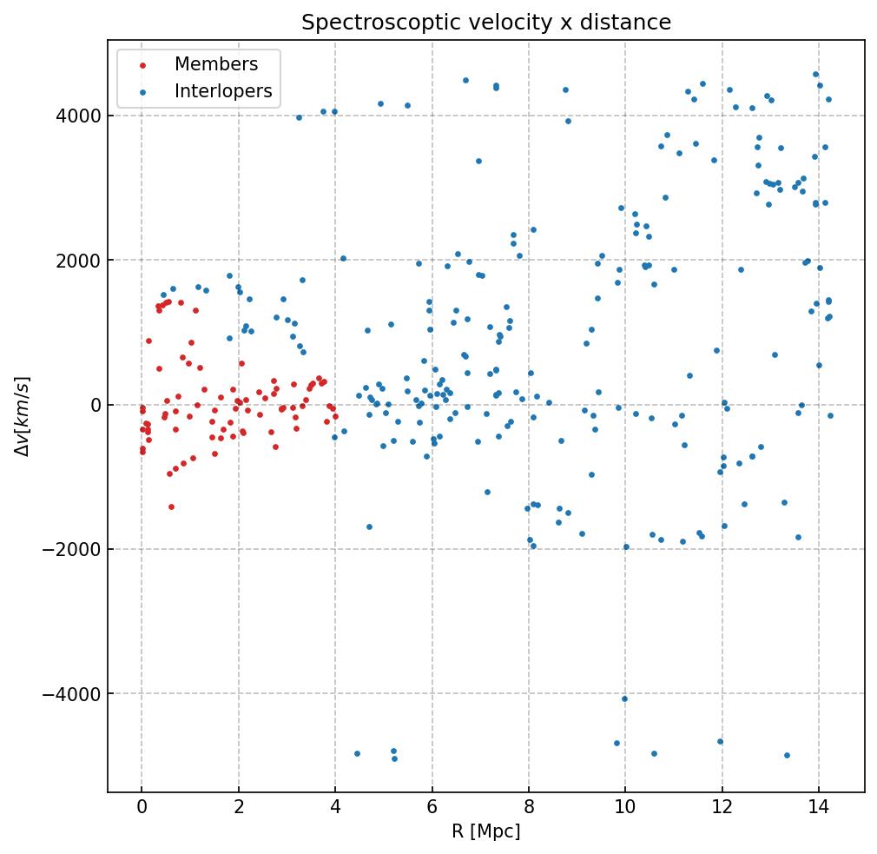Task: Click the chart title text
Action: pyautogui.click(x=486, y=23)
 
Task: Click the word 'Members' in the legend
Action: pyautogui.click(x=216, y=64)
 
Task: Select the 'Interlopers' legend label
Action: pyautogui.click(x=223, y=91)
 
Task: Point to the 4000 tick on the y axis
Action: pyautogui.click(x=82, y=116)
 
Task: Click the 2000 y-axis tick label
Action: pyautogui.click(x=82, y=261)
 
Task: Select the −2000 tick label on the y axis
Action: pyautogui.click(x=76, y=549)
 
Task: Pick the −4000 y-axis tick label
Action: pyautogui.click(x=76, y=694)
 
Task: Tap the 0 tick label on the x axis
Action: pyautogui.click(x=142, y=808)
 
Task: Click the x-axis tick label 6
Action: pyautogui.click(x=432, y=808)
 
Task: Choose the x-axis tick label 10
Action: pyautogui.click(x=625, y=808)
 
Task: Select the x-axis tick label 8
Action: pyautogui.click(x=529, y=808)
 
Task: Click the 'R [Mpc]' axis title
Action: pyautogui.click(x=486, y=831)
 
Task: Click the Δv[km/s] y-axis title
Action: pyautogui.click(x=23, y=417)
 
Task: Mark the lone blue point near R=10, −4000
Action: pyautogui.click(x=624, y=698)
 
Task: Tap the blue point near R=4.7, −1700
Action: pyautogui.click(x=369, y=526)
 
